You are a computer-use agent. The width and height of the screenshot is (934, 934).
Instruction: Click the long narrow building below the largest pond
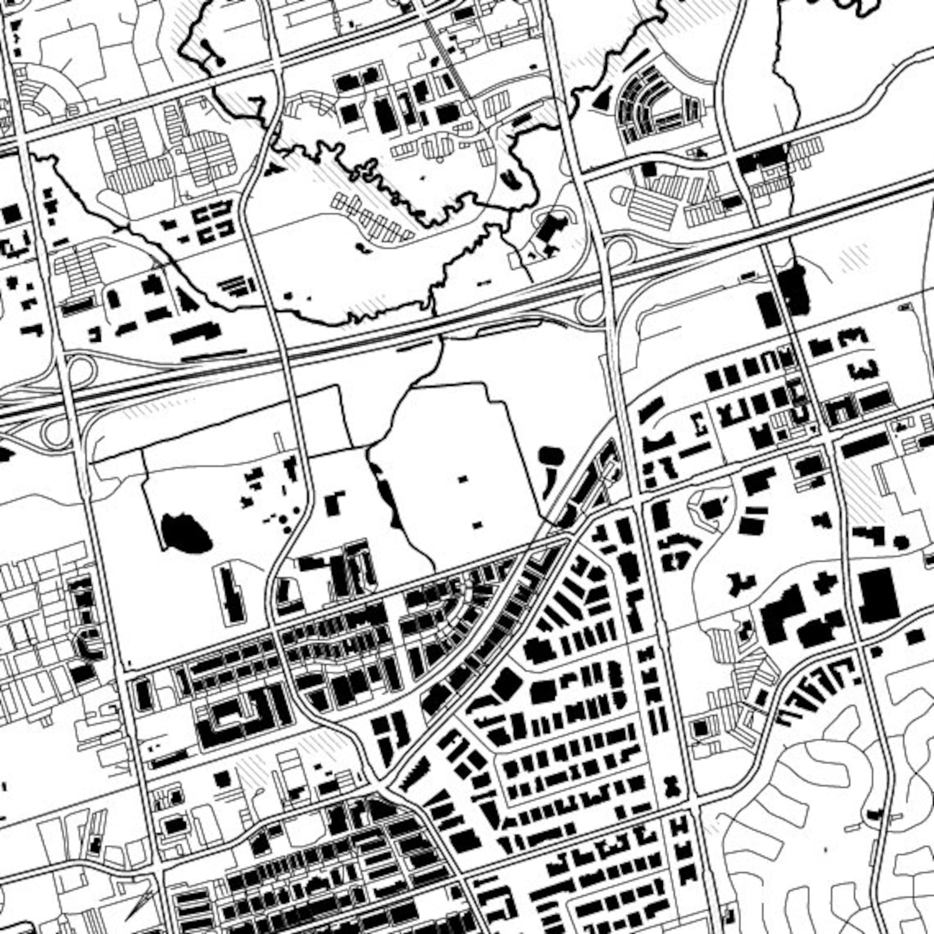pyautogui.click(x=231, y=593)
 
